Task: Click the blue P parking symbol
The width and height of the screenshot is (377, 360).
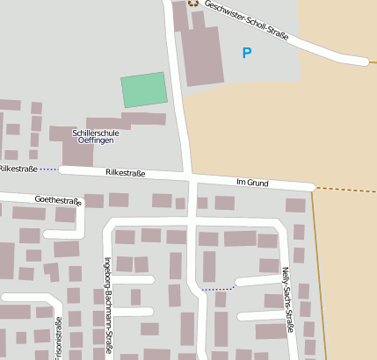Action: coord(246,54)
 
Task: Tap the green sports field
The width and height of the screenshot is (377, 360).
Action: coord(143,90)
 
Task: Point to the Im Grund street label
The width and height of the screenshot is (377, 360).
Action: coord(251,182)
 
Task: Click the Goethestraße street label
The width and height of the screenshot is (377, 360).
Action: coord(57,200)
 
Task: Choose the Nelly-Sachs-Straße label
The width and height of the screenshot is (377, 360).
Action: coord(286,300)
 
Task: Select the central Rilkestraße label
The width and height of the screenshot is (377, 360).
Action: coord(125,173)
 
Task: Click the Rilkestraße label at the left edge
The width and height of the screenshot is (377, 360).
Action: coord(17,168)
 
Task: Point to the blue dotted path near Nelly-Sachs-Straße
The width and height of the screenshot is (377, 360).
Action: coord(219,287)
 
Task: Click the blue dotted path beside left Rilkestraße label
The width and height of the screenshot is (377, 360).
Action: coord(48,168)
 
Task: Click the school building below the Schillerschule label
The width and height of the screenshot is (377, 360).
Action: coord(77,155)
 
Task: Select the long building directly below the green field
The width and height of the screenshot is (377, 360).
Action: coord(143,119)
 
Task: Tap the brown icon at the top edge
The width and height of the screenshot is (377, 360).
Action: coord(193,3)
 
